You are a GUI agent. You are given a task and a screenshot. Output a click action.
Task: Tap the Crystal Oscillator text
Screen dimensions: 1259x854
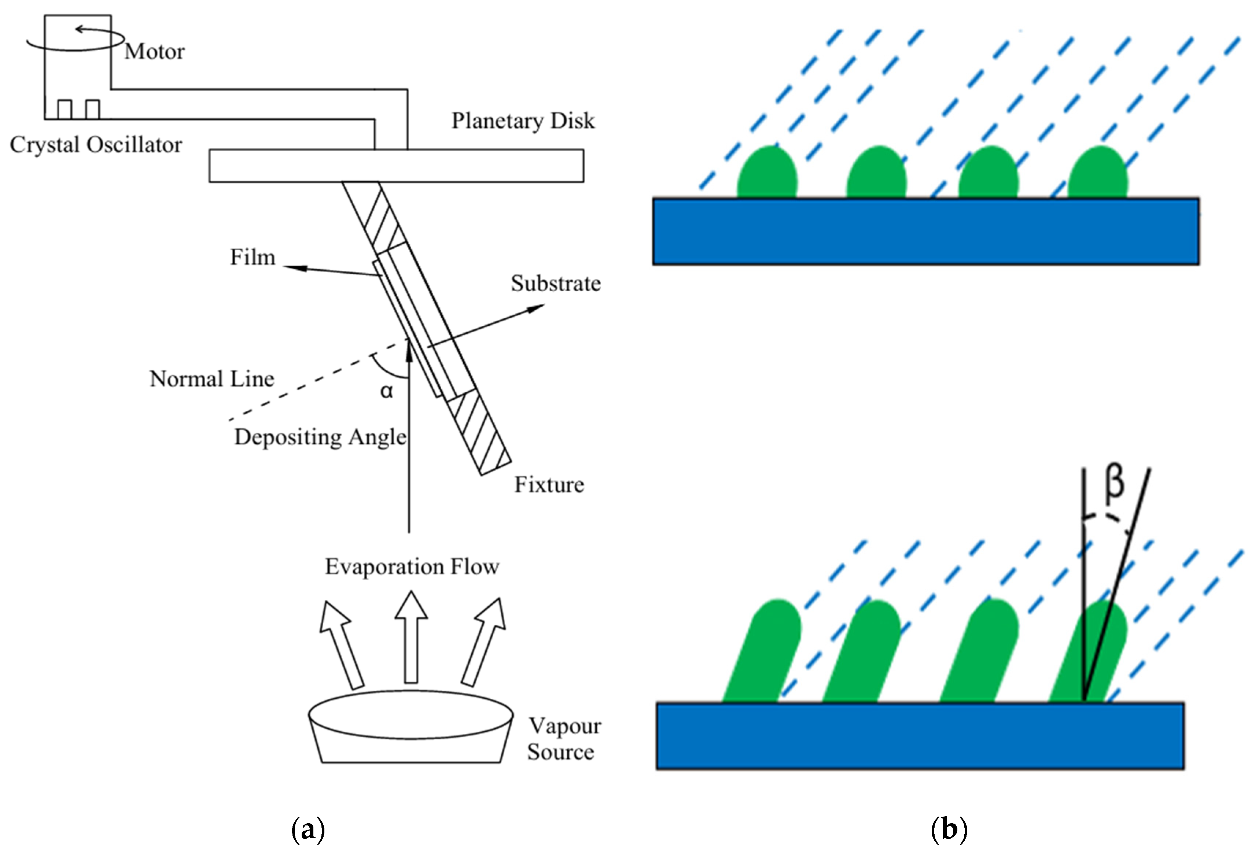pyautogui.click(x=96, y=145)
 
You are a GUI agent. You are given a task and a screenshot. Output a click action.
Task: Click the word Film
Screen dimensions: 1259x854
pyautogui.click(x=253, y=257)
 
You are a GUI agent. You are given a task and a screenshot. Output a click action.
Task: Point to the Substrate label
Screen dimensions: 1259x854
pyautogui.click(x=556, y=283)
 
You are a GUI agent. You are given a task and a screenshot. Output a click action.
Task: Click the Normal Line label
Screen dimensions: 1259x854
pyautogui.click(x=212, y=378)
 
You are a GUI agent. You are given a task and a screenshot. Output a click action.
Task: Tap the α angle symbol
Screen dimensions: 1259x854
pyautogui.click(x=386, y=391)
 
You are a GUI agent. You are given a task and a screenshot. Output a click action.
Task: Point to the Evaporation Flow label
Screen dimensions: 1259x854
pyautogui.click(x=412, y=566)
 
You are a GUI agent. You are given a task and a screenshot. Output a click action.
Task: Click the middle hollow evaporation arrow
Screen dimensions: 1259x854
pyautogui.click(x=411, y=636)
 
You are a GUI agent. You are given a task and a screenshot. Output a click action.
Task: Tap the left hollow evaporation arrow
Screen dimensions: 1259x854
pyautogui.click(x=341, y=644)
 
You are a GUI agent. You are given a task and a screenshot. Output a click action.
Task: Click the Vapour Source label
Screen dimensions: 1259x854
pyautogui.click(x=564, y=739)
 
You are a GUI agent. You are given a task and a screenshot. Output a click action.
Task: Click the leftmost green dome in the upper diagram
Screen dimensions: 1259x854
pyautogui.click(x=767, y=172)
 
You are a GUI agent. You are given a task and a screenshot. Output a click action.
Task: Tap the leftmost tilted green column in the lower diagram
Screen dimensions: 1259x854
pyautogui.click(x=762, y=651)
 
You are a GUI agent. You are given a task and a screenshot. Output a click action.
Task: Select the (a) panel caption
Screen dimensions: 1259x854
pyautogui.click(x=308, y=829)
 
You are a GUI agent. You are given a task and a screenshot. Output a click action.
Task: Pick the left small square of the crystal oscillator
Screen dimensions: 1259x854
pyautogui.click(x=65, y=110)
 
